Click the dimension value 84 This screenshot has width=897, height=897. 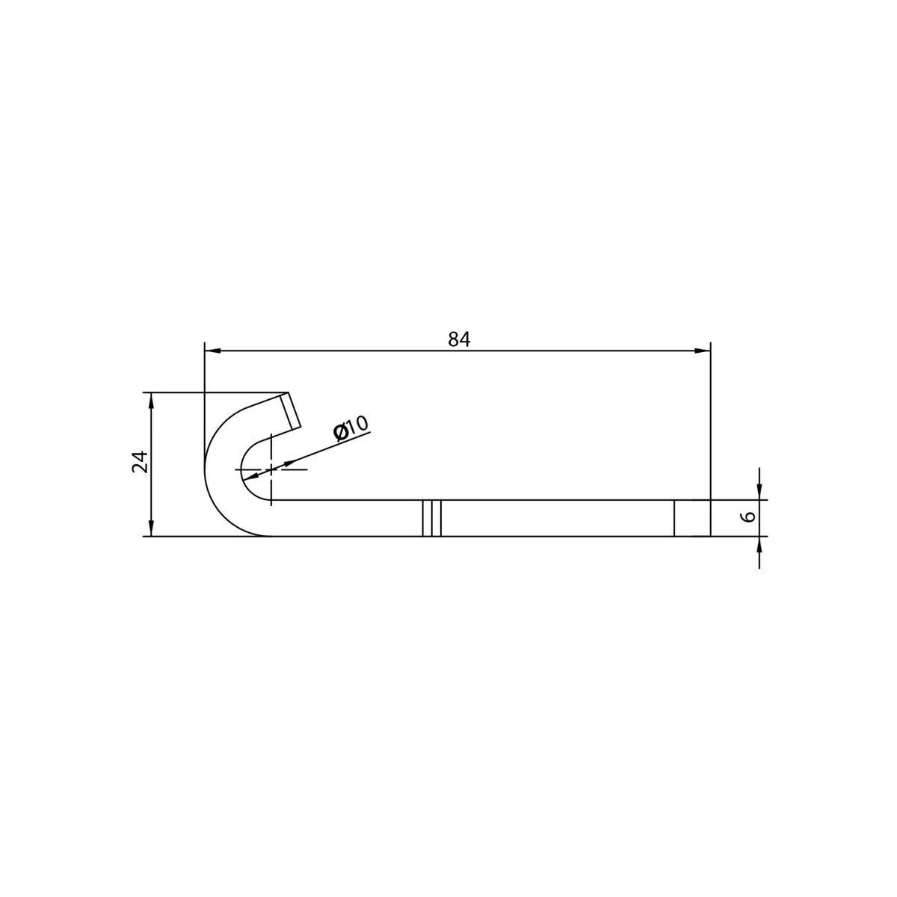pyautogui.click(x=459, y=340)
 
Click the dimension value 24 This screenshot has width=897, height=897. pyautogui.click(x=140, y=462)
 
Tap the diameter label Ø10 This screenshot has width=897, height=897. pyautogui.click(x=351, y=428)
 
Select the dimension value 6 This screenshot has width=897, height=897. pyautogui.click(x=750, y=517)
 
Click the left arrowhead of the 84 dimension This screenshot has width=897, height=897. pyautogui.click(x=212, y=351)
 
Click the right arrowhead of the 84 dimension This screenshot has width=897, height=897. pyautogui.click(x=703, y=351)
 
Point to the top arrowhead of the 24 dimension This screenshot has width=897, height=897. pyautogui.click(x=150, y=401)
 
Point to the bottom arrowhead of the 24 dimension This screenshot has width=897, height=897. pyautogui.click(x=150, y=528)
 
